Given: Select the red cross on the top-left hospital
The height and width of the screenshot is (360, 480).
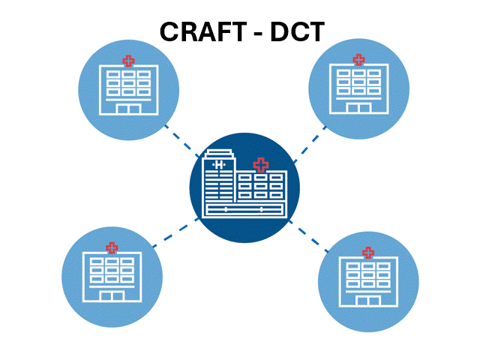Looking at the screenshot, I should [x=129, y=60].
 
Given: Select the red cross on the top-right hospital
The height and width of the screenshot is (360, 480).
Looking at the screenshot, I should [x=358, y=58].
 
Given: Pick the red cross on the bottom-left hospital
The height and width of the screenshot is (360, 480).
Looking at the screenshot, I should [x=112, y=247].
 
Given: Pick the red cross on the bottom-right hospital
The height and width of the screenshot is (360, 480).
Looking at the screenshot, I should [x=368, y=252].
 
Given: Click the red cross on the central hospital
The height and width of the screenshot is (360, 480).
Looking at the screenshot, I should [x=260, y=164].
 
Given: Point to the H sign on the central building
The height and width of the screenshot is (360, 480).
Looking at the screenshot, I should [x=219, y=164].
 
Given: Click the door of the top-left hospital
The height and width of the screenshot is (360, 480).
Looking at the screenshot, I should [x=129, y=109].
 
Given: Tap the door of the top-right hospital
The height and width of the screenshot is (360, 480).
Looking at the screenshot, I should [x=358, y=108].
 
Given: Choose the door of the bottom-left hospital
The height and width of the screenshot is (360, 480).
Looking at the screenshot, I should [x=112, y=296].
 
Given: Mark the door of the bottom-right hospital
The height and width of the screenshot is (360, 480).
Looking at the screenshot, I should [x=368, y=301].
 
